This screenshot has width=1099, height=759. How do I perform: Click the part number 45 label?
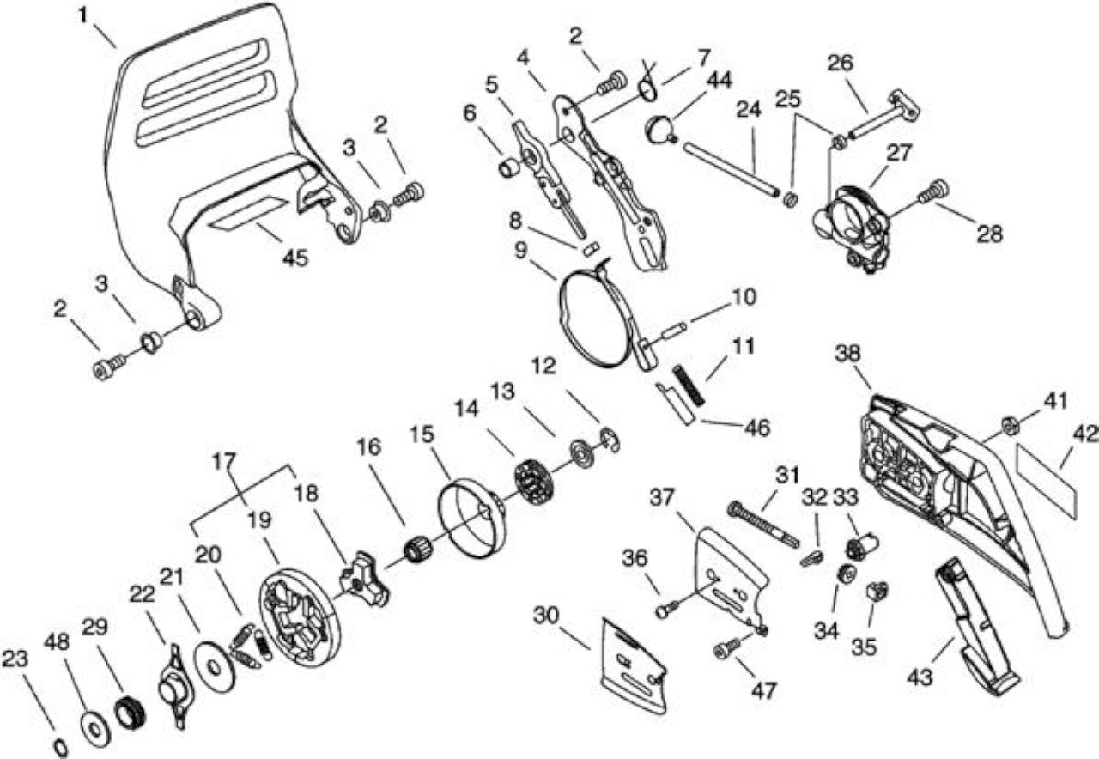coord(295,257)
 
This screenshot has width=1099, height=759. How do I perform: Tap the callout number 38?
coord(847,353)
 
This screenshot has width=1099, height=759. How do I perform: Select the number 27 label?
coord(899,153)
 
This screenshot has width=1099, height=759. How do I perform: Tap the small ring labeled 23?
coord(60,748)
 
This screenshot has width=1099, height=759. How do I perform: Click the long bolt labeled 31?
coord(763,525)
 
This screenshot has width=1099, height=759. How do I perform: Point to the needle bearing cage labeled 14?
coord(533,482)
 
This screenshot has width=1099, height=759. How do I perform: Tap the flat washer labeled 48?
coord(95,729)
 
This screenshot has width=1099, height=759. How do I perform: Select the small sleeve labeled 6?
coord(510,168)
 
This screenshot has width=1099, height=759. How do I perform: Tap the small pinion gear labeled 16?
coord(418,551)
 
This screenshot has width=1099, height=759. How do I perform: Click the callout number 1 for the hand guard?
coord(83,15)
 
